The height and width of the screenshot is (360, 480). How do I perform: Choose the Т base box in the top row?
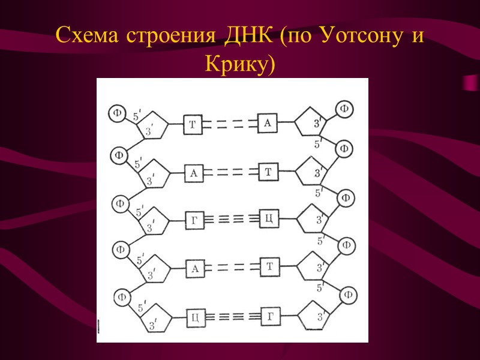193,124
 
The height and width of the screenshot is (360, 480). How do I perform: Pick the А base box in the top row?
268,123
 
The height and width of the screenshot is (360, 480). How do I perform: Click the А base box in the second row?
193,173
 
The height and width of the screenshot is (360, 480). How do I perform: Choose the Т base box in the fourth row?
269,266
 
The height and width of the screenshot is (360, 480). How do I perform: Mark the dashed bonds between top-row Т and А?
230,124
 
